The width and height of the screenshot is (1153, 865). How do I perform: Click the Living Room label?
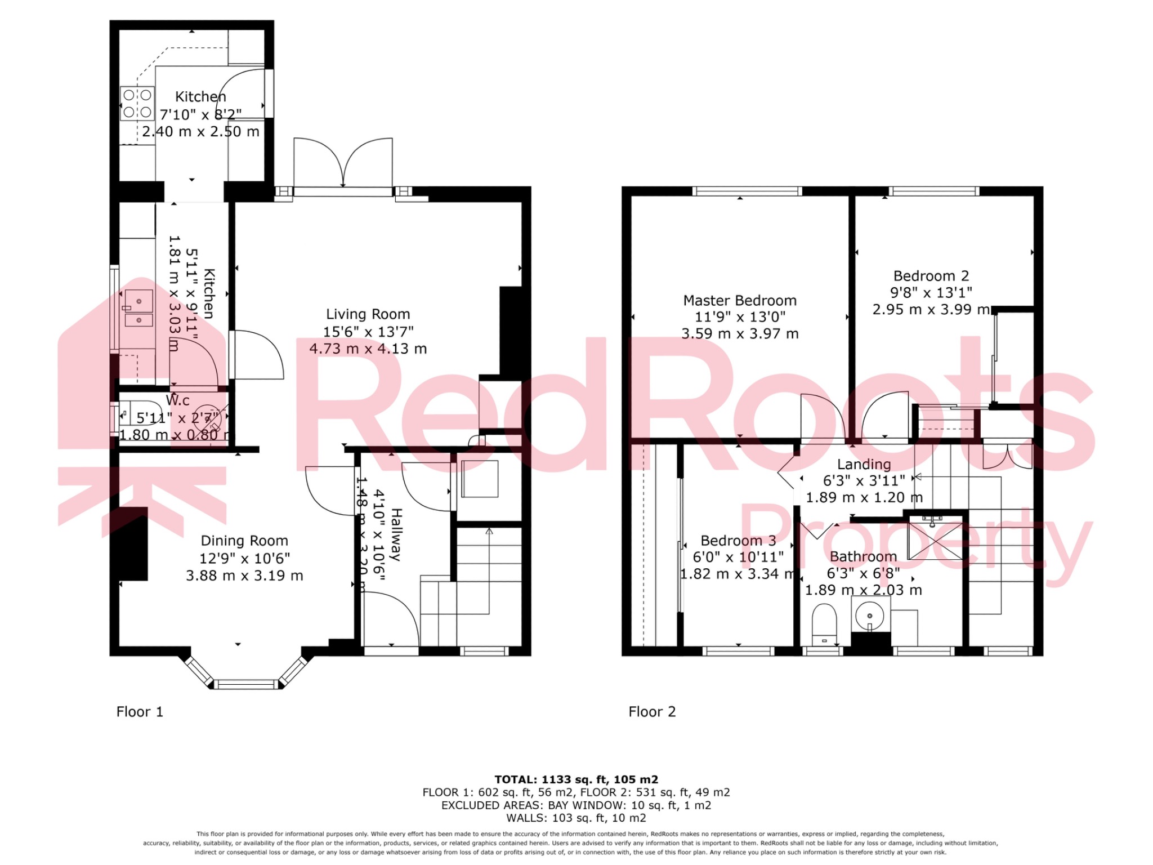368,314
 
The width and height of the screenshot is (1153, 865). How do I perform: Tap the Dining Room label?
244,541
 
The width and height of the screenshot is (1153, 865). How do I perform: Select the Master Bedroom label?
740,300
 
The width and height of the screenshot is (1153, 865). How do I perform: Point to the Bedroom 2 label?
931,276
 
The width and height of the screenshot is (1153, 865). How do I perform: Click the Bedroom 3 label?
738,541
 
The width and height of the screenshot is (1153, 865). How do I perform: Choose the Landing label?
864,464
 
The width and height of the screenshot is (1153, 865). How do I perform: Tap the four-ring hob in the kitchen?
137,104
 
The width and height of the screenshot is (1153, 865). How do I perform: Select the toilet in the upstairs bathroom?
825,622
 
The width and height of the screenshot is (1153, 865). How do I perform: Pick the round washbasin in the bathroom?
870,615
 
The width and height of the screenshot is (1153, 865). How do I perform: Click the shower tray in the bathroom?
935,541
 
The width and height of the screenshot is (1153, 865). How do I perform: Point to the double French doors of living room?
343,163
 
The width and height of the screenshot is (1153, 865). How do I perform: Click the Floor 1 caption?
140,712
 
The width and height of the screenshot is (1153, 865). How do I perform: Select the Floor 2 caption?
652,712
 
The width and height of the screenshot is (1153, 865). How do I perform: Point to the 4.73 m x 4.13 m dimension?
368,349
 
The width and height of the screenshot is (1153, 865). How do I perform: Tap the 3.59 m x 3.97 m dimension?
740,334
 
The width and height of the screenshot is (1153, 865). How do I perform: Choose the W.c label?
178,400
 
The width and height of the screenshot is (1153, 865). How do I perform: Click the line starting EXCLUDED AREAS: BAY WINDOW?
576,805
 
